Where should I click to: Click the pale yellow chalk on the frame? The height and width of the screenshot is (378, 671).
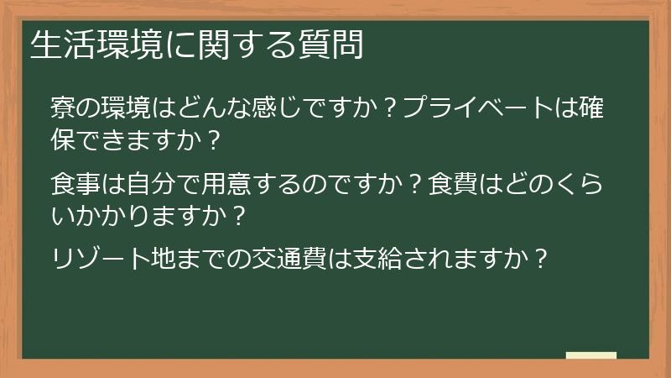[590, 355]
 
